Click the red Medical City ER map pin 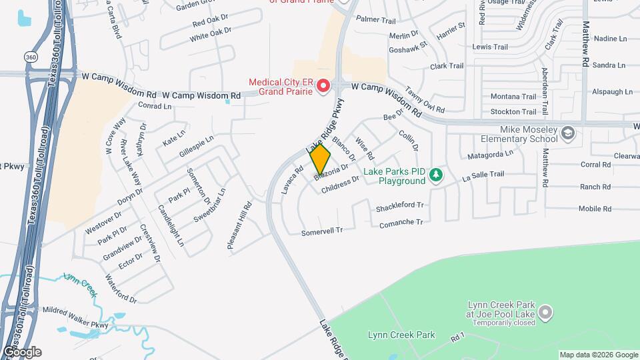(323, 86)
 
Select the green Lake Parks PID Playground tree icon (436, 175)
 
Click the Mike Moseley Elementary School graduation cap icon (567, 133)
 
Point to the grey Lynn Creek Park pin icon (545, 312)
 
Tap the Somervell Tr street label (321, 231)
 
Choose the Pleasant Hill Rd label (239, 226)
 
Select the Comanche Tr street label (401, 222)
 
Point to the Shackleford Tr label (400, 206)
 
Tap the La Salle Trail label (483, 176)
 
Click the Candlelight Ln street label (171, 225)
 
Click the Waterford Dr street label (121, 289)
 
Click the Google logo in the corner (21, 352)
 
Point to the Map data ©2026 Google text (598, 355)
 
